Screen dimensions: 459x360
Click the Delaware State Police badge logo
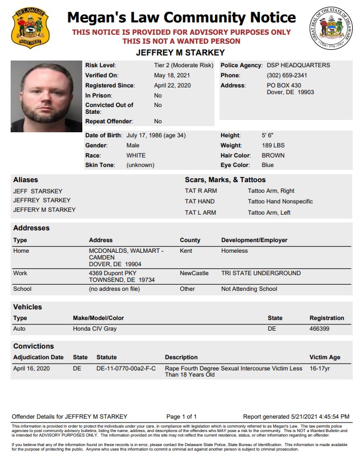pos(30,27)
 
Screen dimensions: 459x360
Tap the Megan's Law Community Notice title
pos(181,18)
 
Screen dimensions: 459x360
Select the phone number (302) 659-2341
pos(287,76)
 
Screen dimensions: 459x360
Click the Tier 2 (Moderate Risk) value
pos(184,66)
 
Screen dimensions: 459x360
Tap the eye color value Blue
pos(268,165)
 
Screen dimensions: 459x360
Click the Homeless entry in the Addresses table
pos(234,251)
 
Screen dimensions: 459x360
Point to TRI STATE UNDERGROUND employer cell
pos(261,273)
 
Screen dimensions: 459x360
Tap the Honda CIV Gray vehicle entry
pos(95,328)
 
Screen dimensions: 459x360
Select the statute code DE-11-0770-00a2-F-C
pos(126,368)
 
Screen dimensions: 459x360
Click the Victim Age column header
pos(325,357)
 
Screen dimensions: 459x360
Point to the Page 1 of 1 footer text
pos(181,416)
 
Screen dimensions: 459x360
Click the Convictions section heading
pos(34,346)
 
